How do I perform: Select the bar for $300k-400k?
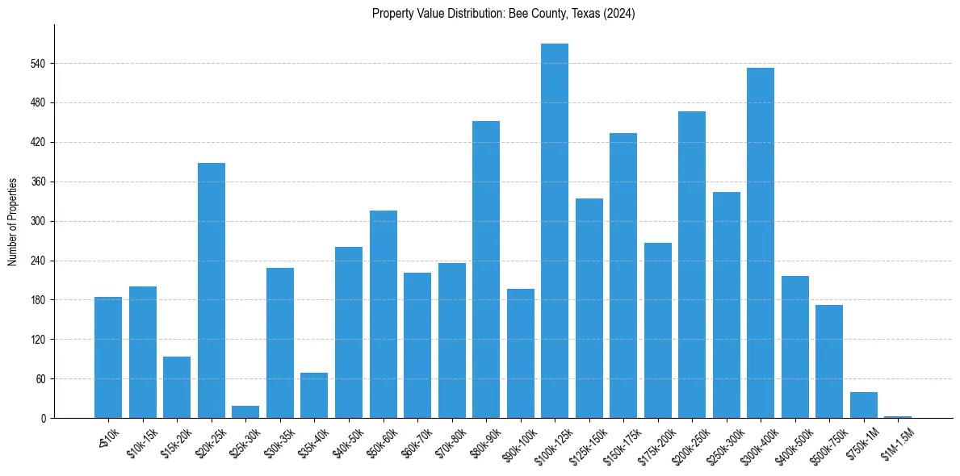pyautogui.click(x=761, y=243)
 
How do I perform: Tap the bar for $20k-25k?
pyautogui.click(x=212, y=290)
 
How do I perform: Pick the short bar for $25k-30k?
pyautogui.click(x=245, y=412)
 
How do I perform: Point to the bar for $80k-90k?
pyautogui.click(x=486, y=269)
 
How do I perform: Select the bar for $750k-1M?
pyautogui.click(x=864, y=405)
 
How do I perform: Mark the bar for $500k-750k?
pyautogui.click(x=829, y=361)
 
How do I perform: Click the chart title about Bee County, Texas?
pyautogui.click(x=504, y=14)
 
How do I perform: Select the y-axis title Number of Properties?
pyautogui.click(x=13, y=222)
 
